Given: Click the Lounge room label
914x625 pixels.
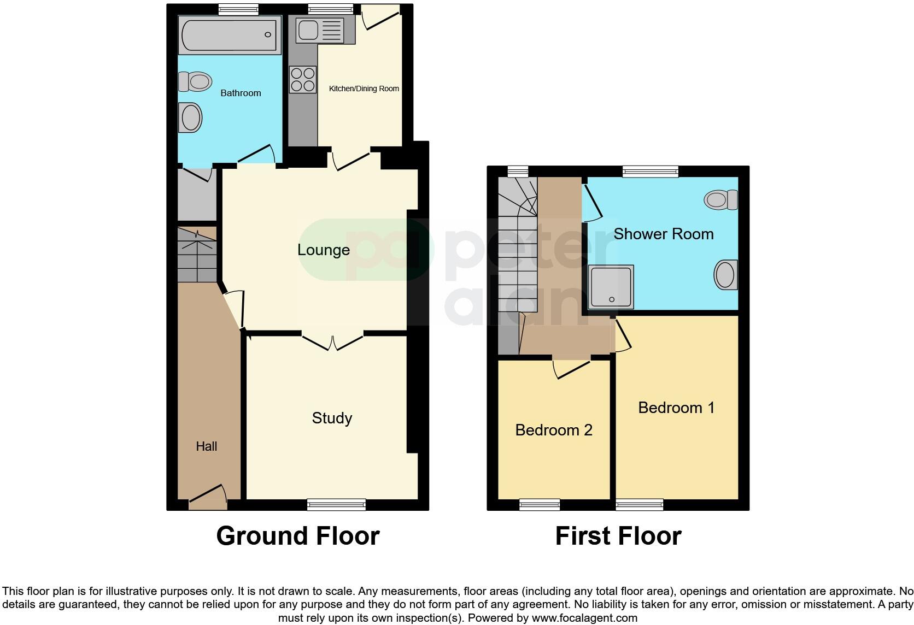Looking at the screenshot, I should (323, 250).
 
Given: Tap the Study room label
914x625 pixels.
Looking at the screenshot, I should (332, 418).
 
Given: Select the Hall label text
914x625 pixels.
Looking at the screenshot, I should (207, 446).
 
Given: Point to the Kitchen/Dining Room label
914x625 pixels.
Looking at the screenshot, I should (364, 89).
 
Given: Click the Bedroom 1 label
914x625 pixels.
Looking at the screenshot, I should (676, 408).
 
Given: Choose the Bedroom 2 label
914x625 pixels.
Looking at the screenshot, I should (554, 430).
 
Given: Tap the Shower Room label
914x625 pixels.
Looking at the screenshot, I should (663, 234).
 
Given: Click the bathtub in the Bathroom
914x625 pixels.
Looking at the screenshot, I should (229, 34).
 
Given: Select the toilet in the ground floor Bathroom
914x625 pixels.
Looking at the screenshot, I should (195, 82).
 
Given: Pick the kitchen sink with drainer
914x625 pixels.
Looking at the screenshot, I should (319, 30).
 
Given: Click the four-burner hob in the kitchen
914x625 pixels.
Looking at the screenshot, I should (303, 79).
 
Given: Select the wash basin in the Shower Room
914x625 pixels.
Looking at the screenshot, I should (725, 274).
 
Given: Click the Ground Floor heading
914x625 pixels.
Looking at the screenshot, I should (298, 536).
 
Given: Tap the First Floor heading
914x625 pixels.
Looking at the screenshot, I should (618, 536).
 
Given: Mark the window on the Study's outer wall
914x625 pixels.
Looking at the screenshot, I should (336, 504).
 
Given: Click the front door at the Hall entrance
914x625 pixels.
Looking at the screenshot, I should (208, 497).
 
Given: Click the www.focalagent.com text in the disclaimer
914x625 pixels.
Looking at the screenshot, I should (584, 618).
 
